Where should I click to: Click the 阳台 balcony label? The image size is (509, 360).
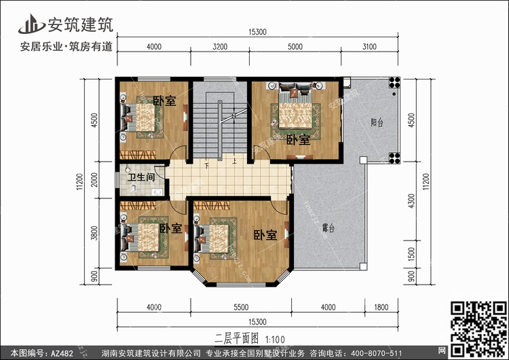point(377,122)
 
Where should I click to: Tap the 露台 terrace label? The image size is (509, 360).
point(328,228)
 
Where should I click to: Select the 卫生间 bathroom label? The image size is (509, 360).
point(141,177)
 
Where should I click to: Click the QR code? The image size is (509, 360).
point(478,329)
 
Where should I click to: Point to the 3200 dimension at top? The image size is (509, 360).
point(220,47)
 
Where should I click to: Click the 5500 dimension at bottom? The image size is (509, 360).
point(241,307)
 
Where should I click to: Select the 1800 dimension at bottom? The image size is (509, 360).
point(381,307)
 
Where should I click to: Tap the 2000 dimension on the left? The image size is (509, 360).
point(94,180)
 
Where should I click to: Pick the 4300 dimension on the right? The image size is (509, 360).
point(411,201)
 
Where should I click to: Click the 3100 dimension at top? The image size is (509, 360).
point(369,47)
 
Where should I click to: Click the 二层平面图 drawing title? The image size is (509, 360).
point(237,338)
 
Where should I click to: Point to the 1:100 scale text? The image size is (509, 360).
point(275,340)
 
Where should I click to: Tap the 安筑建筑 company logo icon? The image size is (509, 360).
point(32,24)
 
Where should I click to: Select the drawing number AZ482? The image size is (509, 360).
point(62,353)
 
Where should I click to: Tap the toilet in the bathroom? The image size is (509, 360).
point(133,187)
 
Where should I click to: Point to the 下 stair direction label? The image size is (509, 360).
point(207,165)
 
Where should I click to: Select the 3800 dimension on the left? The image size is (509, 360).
point(94,233)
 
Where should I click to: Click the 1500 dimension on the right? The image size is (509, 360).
point(411,254)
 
